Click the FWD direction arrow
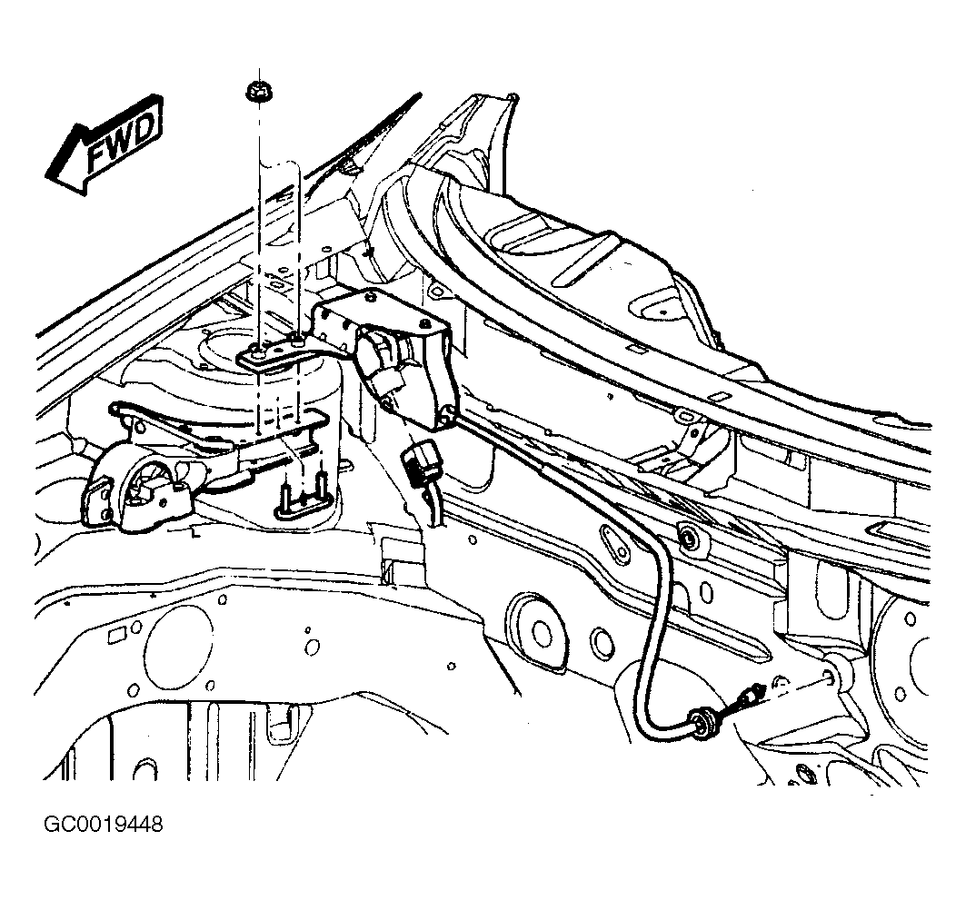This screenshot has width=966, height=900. pyautogui.click(x=105, y=144)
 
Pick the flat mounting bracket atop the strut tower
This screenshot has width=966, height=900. pyautogui.click(x=279, y=354)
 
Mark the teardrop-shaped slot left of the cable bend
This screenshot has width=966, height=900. pyautogui.click(x=616, y=544)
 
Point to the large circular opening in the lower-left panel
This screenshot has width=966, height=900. pyautogui.click(x=178, y=647)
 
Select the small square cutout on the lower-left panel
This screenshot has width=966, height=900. pyautogui.click(x=115, y=636)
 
